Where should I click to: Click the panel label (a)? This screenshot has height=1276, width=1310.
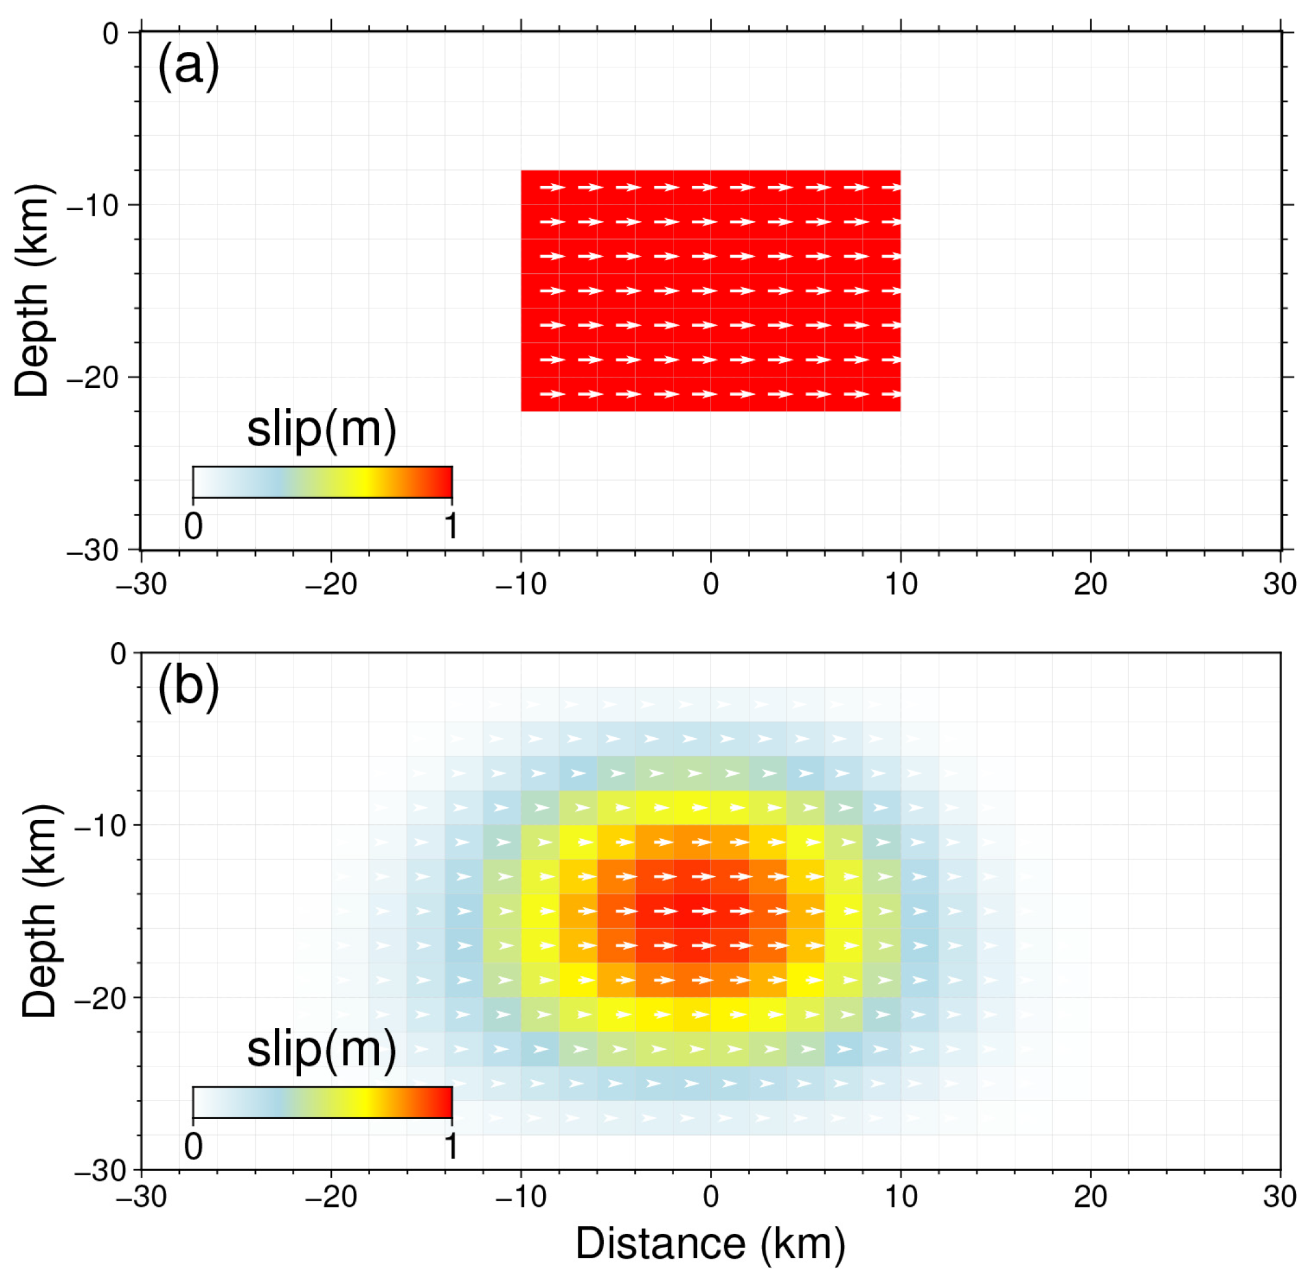pos(188,67)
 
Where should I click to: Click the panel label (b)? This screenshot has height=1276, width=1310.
pos(188,688)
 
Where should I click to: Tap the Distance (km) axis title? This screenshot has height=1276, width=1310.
pos(710,1243)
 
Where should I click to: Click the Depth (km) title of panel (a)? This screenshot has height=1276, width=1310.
pos(32,290)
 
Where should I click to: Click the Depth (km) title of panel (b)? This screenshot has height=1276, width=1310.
pos(39,911)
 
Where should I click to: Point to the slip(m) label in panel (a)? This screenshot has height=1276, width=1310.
pos(322,429)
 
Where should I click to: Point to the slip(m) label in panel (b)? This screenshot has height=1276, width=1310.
pos(322,1049)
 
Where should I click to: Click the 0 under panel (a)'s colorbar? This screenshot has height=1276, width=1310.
pos(193,526)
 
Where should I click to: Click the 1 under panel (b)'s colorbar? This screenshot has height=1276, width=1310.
pos(451,1147)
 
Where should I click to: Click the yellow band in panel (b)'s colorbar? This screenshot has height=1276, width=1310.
pos(363,1102)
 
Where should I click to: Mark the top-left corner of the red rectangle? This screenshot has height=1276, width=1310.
pos(522,171)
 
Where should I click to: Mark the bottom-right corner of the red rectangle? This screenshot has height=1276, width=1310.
pos(900,411)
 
